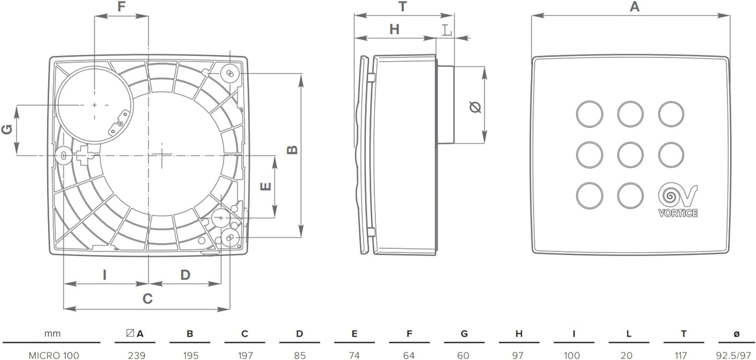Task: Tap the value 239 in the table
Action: point(137,355)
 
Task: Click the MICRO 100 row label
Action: point(53,355)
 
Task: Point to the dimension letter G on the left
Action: point(7,130)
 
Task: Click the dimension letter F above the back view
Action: point(121,6)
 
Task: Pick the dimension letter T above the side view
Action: point(403,7)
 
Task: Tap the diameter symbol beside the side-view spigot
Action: point(475,107)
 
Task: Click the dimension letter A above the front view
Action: point(635,7)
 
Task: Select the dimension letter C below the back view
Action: point(148,299)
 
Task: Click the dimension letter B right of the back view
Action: point(292,150)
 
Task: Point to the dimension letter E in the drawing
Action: point(266,187)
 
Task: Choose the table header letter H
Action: point(519,334)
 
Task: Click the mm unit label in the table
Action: point(52,334)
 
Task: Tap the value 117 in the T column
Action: point(681,355)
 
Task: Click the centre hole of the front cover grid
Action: point(630,155)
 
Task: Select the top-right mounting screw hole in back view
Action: point(230,73)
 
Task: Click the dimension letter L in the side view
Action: point(447,31)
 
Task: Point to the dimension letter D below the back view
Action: point(185,275)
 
